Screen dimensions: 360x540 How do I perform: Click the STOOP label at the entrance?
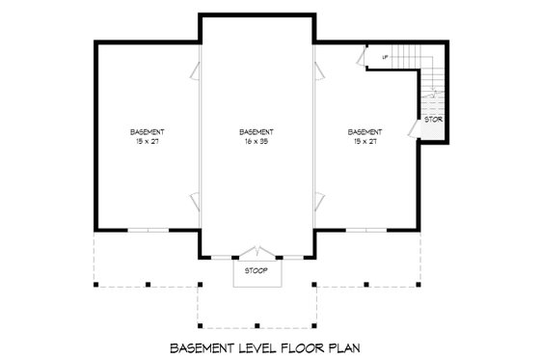[x=256, y=270]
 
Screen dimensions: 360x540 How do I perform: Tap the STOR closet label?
[x=433, y=120]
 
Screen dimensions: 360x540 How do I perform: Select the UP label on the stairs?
[x=385, y=58]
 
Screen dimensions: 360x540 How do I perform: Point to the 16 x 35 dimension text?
[x=256, y=141]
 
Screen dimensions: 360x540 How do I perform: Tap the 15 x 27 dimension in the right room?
[x=365, y=141]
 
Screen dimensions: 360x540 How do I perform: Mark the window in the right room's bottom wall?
[x=365, y=230]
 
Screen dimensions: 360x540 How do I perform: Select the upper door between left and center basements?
[x=196, y=69]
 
